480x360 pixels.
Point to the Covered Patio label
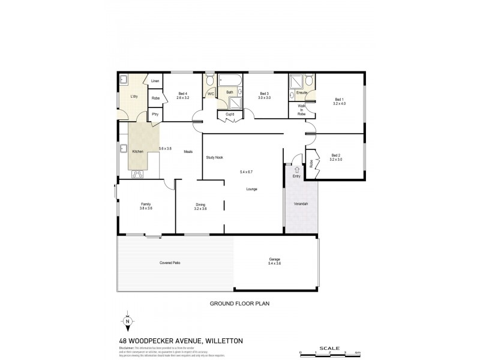pyautogui.click(x=170, y=263)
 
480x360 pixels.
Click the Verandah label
pyautogui.click(x=301, y=204)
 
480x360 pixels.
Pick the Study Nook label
pyautogui.click(x=215, y=157)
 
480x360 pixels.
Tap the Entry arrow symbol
pyautogui.click(x=296, y=170)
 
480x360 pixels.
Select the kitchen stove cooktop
pyautogui.click(x=137, y=174)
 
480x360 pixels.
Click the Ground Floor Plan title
pyautogui.click(x=239, y=304)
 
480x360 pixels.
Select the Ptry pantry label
pyautogui.click(x=155, y=114)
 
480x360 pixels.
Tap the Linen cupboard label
pyautogui.click(x=155, y=81)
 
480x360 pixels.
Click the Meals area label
pyautogui.click(x=188, y=151)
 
